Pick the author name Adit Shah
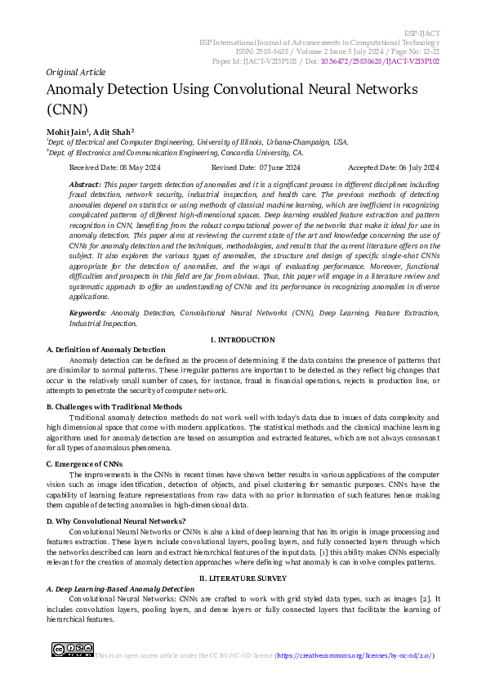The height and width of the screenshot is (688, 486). coord(114,131)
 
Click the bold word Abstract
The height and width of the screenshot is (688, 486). coord(85,185)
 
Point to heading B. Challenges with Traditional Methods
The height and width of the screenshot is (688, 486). coord(114,406)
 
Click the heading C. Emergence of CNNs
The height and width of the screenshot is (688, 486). coord(84,463)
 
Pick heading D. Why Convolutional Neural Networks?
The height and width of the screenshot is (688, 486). coord(116,520)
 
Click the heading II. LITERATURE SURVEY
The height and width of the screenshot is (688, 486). coord(243,578)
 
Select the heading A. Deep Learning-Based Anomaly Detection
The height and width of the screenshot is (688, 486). coord(120,588)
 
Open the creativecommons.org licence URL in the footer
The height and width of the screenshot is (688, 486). coord(353,655)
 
